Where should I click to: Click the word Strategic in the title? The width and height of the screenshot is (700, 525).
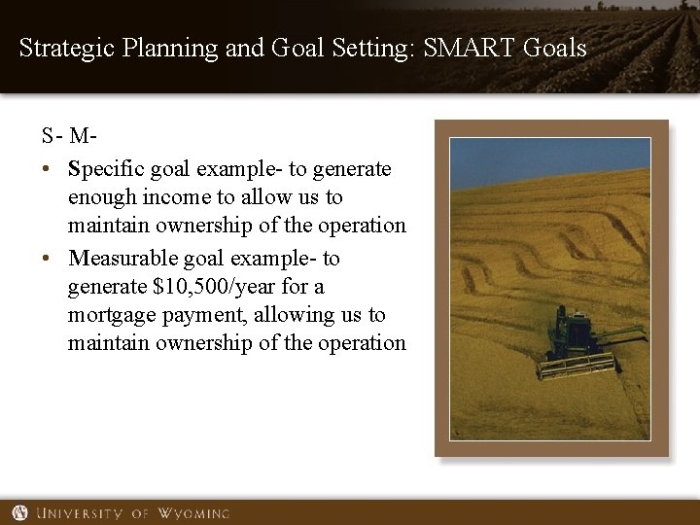pyautogui.click(x=64, y=47)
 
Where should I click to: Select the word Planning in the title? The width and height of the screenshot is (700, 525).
pyautogui.click(x=160, y=47)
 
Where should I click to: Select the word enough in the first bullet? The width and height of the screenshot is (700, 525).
pyautogui.click(x=99, y=197)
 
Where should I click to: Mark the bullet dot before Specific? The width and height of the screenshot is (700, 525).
pyautogui.click(x=47, y=170)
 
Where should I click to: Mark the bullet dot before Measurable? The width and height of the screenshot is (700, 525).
pyautogui.click(x=47, y=259)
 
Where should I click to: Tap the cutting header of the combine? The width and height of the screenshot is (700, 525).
pyautogui.click(x=577, y=367)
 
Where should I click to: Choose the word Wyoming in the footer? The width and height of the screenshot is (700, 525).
pyautogui.click(x=193, y=512)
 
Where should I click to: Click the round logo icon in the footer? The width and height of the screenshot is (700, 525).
pyautogui.click(x=20, y=512)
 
